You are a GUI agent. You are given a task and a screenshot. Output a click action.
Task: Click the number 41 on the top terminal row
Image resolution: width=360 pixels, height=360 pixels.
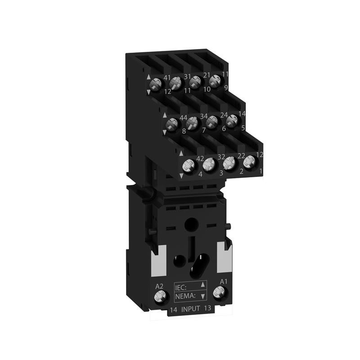click(x=167, y=77)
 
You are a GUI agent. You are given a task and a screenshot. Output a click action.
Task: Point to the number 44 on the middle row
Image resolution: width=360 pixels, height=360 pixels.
click(x=184, y=118)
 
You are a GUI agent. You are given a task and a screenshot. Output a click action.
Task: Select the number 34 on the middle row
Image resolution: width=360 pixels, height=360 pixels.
click(x=203, y=117)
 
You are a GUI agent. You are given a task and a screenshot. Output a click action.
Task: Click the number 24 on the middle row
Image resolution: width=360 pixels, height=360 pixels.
click(x=224, y=115)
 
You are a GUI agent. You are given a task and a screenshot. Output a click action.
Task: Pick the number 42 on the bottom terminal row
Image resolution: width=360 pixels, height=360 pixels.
click(x=201, y=158)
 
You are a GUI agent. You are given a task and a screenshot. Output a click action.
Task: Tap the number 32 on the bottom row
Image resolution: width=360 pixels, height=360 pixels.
click(x=221, y=157)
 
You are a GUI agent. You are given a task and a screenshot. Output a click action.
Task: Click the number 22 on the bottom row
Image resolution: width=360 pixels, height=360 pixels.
click(x=241, y=156)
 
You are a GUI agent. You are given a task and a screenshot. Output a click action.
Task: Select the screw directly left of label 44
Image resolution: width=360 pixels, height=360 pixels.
click(x=171, y=125)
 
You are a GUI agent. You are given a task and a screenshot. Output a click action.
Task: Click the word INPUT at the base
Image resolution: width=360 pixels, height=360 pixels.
click(x=191, y=309)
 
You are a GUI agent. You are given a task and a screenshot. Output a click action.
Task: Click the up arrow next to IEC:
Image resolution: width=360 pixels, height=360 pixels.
click(x=203, y=284)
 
